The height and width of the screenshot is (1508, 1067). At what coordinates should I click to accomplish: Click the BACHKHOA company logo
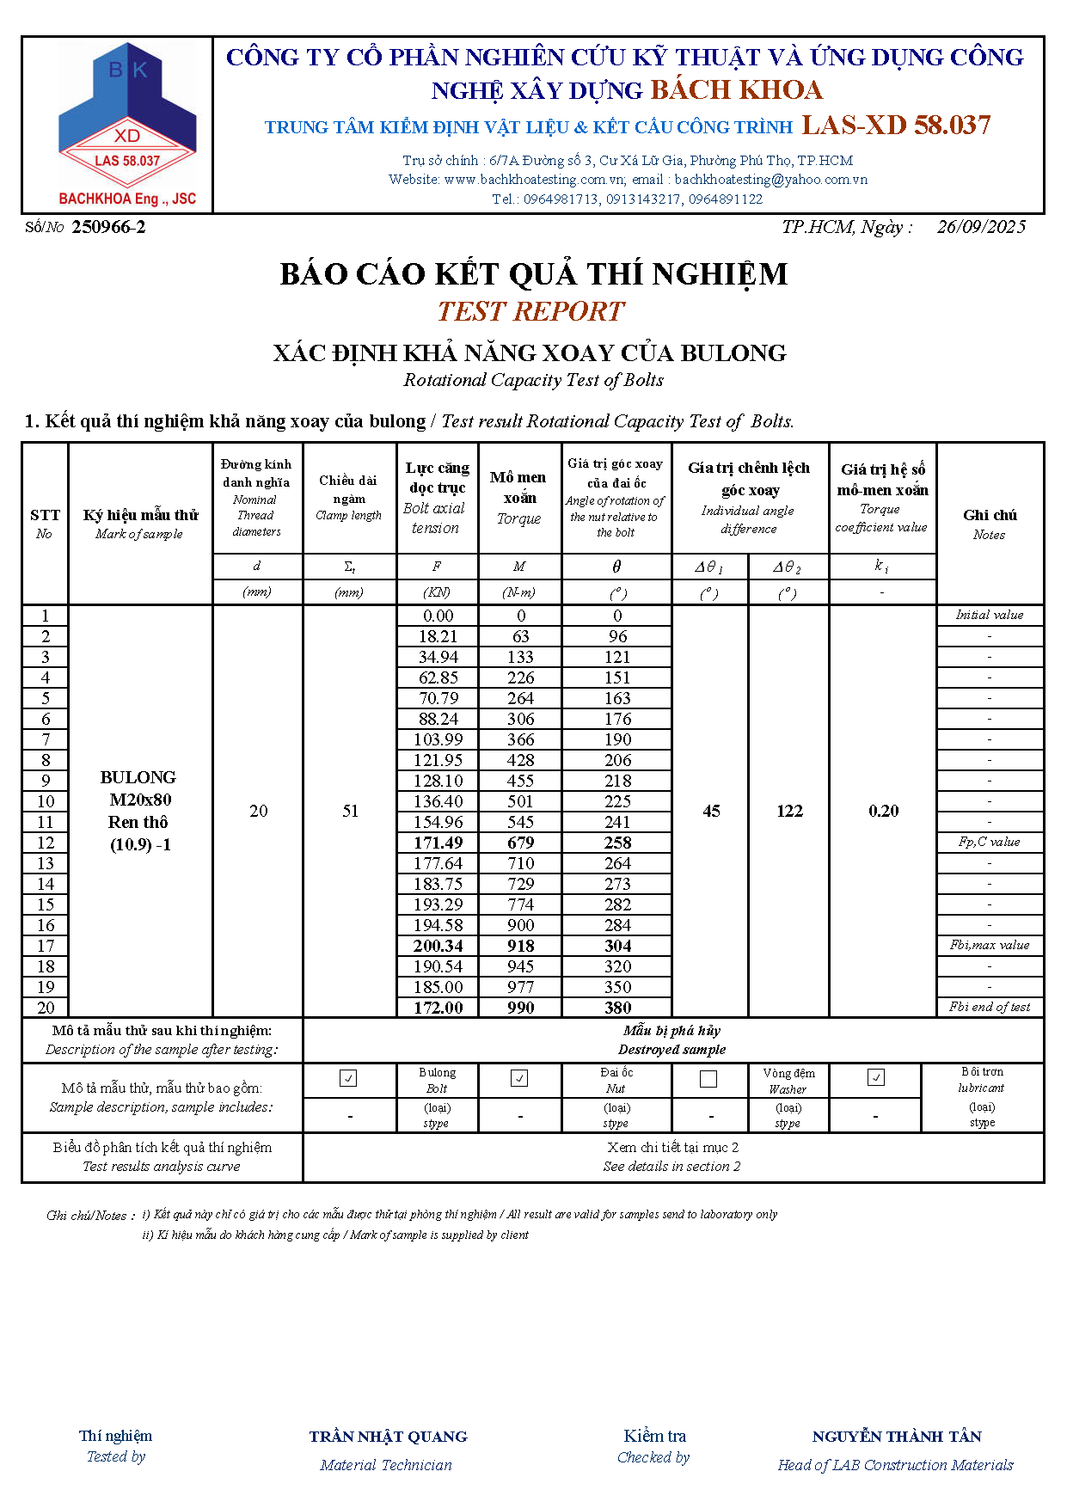click(127, 125)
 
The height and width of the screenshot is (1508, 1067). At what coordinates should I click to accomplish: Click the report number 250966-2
click(108, 227)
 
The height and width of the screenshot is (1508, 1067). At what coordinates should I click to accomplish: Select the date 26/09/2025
click(981, 227)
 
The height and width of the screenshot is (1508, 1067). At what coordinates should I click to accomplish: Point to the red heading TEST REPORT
click(530, 311)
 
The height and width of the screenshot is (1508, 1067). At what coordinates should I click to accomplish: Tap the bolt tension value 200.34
click(438, 946)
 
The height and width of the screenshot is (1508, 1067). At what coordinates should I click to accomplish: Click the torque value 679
click(520, 843)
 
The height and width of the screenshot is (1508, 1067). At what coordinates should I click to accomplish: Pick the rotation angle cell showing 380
click(617, 1008)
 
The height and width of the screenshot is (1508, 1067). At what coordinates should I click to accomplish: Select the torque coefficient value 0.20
click(883, 811)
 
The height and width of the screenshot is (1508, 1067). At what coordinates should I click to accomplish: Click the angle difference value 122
click(789, 811)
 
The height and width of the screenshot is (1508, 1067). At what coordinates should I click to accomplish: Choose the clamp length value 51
click(350, 811)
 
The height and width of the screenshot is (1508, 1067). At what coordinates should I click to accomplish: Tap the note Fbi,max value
click(990, 945)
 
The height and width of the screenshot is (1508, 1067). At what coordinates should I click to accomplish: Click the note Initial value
click(990, 615)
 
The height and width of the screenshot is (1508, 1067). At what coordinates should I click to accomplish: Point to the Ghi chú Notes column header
click(990, 524)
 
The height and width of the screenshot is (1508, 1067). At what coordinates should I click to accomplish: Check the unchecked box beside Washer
click(708, 1078)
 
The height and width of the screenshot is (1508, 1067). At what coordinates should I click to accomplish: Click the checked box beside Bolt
click(348, 1078)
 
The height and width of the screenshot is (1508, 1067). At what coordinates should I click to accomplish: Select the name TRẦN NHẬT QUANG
click(388, 1437)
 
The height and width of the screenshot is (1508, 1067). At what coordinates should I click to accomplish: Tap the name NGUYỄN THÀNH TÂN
click(897, 1437)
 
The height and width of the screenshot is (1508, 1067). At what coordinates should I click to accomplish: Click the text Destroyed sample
click(671, 1050)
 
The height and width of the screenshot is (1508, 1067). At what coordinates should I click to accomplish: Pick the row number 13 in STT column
click(46, 863)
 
